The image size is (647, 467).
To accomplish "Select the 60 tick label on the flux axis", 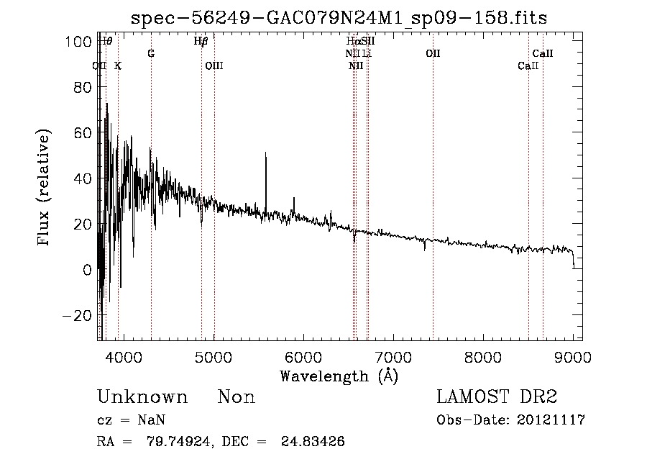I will pos(83,133).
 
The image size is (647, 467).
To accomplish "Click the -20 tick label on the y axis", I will pos(78,315).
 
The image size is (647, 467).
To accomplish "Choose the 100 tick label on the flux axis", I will pos(81,42).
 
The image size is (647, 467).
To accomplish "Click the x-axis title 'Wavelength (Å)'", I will pos(339,376).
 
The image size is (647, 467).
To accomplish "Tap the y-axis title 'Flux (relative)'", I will pos(45,187).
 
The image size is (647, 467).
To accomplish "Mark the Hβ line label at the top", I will pos(201,42).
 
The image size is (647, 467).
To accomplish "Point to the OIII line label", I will pos(214,66).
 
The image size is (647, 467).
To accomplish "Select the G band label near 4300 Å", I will pos(151,54).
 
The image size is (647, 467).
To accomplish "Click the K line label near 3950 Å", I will pos(118,66).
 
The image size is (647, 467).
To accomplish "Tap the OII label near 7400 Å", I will pos(433,54).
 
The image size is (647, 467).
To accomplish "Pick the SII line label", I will pos(368,42).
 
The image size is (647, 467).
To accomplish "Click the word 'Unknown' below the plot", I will pos(142,397).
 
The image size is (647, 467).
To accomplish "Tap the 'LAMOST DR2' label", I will pos(497,397).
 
